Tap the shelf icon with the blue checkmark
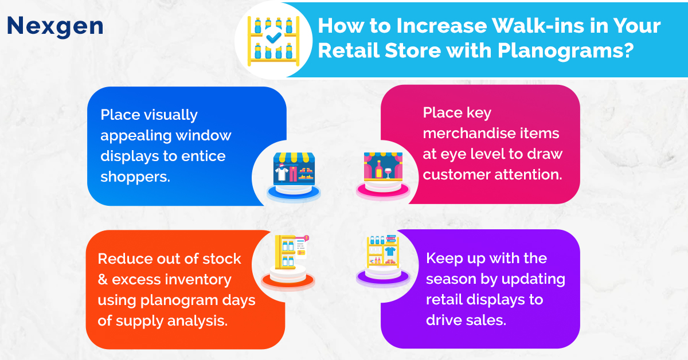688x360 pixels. [273, 41]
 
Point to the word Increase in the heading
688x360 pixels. [441, 25]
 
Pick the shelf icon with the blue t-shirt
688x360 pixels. [383, 260]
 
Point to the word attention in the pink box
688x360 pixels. [528, 174]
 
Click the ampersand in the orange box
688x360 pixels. [103, 280]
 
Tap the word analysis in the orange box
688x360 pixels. [197, 321]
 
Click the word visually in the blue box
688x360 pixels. [171, 115]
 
